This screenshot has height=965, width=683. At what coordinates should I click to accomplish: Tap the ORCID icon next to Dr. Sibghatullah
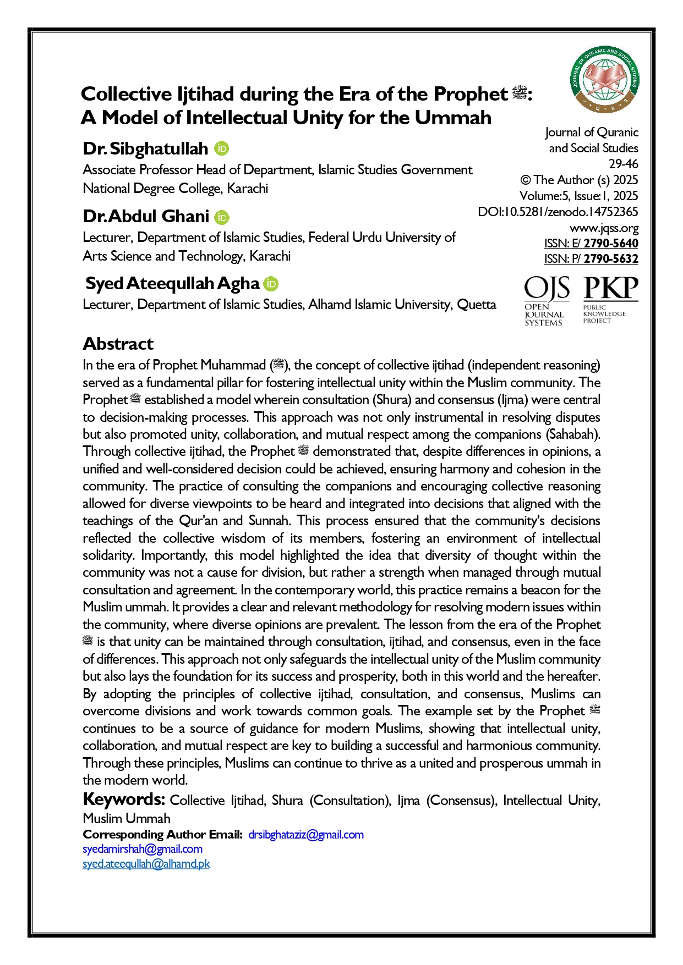221,148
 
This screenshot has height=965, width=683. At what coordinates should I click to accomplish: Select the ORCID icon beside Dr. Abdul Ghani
222,217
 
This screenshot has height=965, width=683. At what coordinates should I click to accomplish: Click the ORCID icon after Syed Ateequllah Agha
271,284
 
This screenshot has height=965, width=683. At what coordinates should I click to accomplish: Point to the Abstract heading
118,344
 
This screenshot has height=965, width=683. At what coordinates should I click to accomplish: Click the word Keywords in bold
124,799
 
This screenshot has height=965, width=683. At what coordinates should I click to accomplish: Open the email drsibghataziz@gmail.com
306,835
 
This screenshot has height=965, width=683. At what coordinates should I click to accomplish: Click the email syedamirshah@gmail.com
143,849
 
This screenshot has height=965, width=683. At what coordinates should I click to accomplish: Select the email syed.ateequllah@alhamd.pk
146,864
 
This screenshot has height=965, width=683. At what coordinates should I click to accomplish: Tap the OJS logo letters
546,289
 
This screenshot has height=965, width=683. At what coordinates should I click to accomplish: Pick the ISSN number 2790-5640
611,244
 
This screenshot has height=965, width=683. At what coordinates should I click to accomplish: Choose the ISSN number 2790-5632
611,259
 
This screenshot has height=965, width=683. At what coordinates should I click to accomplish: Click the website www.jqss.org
604,228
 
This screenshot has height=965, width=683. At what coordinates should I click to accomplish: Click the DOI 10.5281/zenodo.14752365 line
558,212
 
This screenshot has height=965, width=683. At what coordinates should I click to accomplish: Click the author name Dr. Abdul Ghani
146,217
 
